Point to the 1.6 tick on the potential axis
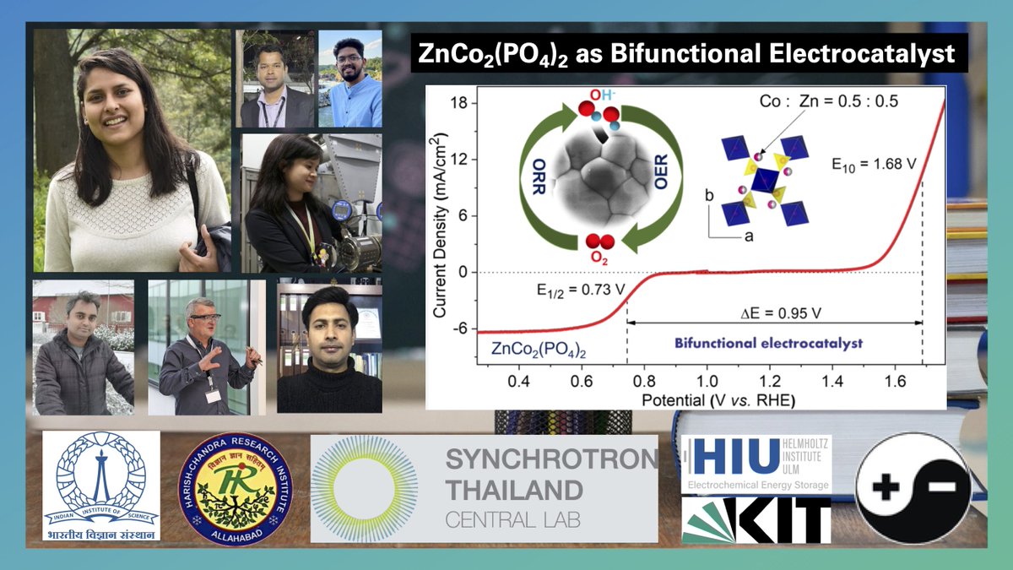click(x=895, y=383)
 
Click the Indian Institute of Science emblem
click(x=101, y=485)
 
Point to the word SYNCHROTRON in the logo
click(x=550, y=460)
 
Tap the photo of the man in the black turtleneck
click(x=329, y=349)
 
